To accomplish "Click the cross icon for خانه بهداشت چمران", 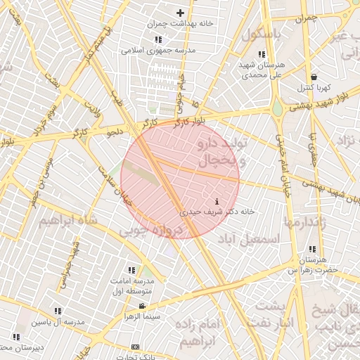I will [x=181, y=13].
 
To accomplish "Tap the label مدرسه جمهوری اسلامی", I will [x=158, y=51].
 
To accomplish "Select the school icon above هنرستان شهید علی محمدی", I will [x=262, y=54].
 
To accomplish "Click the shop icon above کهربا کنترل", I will [x=313, y=77].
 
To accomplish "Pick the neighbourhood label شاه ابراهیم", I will [x=65, y=222].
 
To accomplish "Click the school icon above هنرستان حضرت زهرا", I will [x=312, y=250].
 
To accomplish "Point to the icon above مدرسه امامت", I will [x=131, y=270].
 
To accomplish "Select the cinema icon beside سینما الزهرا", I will [x=143, y=306].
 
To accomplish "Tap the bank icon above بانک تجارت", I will [x=135, y=347].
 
